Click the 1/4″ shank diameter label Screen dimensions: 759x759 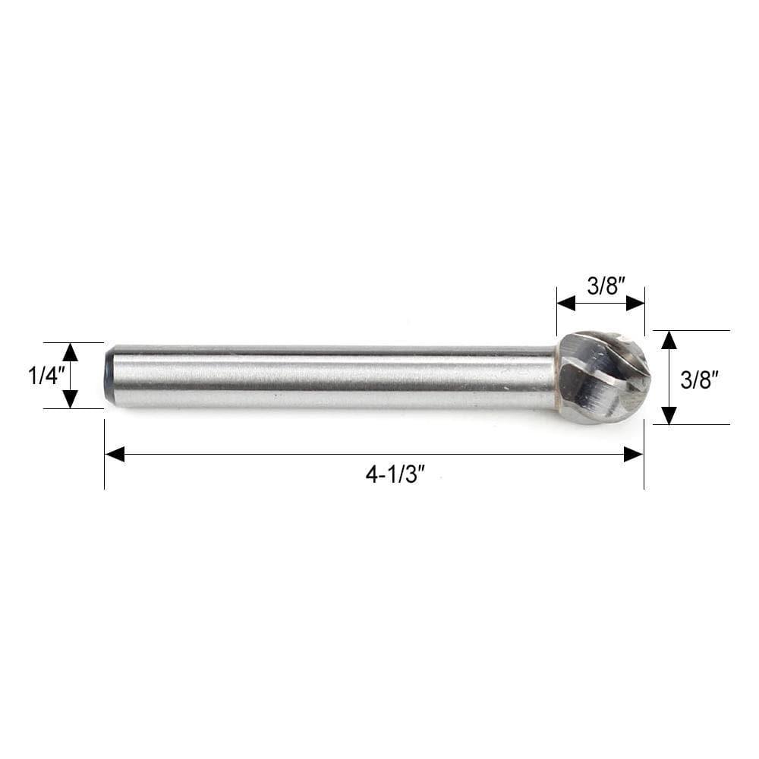43,376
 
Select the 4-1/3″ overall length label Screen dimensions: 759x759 394,475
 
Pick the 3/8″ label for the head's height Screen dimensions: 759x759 699,379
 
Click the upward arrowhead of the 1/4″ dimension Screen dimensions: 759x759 71,351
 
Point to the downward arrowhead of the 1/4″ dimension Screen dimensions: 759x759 71,400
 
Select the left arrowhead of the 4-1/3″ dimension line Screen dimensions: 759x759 115,454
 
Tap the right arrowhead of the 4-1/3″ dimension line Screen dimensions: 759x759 633,454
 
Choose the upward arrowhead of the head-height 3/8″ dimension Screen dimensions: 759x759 669,339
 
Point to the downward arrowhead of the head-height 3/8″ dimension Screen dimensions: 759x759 669,415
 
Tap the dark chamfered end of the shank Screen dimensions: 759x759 109,376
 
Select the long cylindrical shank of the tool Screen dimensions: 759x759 334,376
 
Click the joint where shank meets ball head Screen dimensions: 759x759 558,377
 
